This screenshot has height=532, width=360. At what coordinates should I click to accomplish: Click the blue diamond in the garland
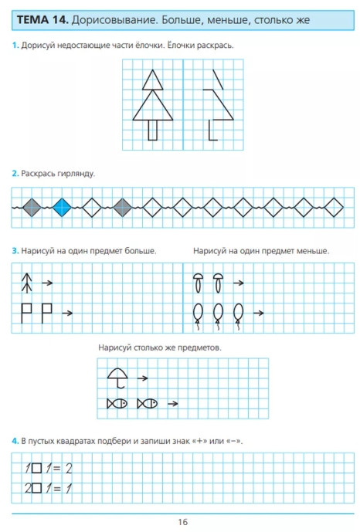tap(62, 207)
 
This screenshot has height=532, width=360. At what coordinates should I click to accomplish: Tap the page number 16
tap(182, 522)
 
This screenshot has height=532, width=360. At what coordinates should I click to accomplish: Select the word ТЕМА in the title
tap(33, 19)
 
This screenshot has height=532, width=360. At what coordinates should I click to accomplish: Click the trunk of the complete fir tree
tap(153, 130)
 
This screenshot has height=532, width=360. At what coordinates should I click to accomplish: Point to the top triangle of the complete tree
tap(153, 80)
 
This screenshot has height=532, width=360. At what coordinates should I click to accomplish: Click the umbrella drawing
tap(117, 378)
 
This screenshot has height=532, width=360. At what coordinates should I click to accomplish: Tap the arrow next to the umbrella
tap(142, 378)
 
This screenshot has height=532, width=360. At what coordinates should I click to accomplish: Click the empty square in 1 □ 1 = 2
tap(36, 469)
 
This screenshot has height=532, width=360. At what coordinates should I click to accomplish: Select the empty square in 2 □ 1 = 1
tap(36, 489)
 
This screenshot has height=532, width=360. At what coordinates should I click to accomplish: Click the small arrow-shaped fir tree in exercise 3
tap(27, 283)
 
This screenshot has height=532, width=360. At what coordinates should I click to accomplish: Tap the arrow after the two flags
tap(67, 313)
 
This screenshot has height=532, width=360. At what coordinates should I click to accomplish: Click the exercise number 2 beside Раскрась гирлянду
tap(15, 174)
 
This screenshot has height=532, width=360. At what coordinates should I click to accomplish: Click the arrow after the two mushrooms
tap(238, 283)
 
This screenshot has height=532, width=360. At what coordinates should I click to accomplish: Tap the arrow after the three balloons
tap(258, 313)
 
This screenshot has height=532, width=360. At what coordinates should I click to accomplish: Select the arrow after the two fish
tap(173, 403)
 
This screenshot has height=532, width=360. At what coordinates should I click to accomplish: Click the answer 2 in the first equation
tap(69, 469)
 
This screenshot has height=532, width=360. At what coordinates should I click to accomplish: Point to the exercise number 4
tap(15, 441)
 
